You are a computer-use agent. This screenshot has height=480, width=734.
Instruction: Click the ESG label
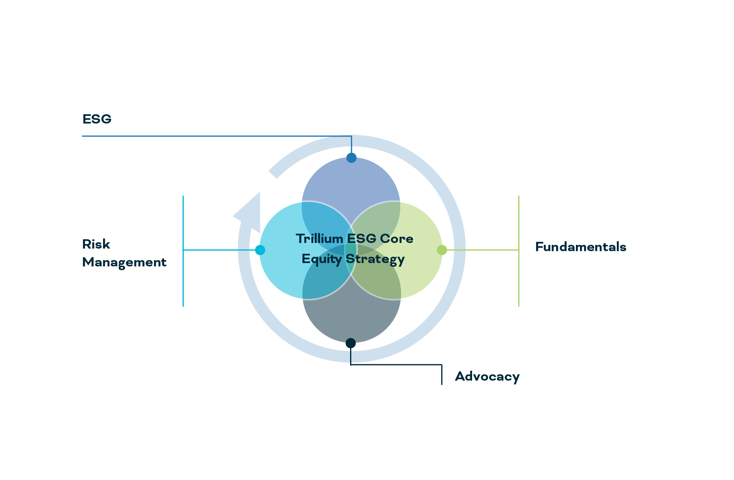click(97, 119)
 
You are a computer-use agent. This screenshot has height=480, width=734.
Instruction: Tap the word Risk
click(96, 244)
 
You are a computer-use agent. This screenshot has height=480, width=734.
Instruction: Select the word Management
click(124, 262)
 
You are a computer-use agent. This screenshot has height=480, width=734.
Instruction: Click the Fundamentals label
click(580, 247)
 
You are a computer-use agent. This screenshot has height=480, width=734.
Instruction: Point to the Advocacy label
click(487, 377)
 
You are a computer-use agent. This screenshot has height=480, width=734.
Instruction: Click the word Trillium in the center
click(319, 239)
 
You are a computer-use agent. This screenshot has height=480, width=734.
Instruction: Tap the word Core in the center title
click(397, 239)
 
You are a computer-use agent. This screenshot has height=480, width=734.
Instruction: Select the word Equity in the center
click(321, 259)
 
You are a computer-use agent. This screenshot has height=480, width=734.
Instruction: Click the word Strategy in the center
click(375, 259)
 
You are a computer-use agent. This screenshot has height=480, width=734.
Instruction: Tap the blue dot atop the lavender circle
click(351, 158)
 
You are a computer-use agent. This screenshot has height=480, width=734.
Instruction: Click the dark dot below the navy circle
click(350, 343)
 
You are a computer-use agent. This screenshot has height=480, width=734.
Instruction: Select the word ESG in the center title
click(361, 239)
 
